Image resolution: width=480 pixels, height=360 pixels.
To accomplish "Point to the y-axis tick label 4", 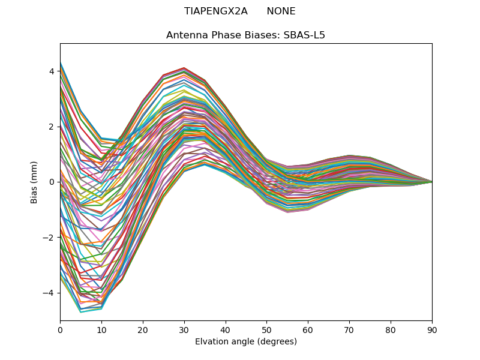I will coord(52,71).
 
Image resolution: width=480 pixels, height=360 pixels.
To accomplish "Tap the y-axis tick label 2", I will coord(52,127).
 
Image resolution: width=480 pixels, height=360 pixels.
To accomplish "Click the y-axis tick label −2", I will coord(49,238).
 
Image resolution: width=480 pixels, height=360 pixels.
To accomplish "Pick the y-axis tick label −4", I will coord(49,293).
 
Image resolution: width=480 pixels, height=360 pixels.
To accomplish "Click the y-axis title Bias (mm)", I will coord(34,182).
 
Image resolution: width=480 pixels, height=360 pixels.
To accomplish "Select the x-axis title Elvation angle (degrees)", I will coord(246,342).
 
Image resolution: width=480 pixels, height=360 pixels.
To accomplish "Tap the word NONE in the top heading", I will coord(281,11).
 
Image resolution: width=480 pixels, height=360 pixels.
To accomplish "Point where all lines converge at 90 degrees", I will coord(432,182).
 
